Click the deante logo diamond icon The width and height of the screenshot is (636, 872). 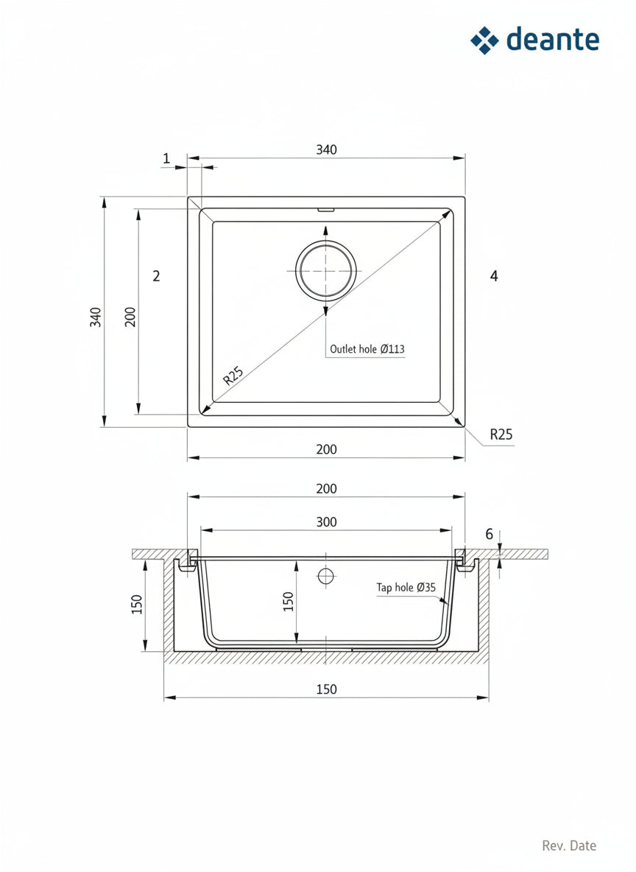coord(485,40)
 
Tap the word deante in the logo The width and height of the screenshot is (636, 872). coord(553,40)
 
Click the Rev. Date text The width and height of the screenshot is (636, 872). coord(569,846)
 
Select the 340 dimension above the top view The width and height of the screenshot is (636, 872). coord(326,150)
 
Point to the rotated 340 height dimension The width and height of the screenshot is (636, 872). coord(96,317)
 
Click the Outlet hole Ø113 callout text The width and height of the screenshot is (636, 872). coord(367,348)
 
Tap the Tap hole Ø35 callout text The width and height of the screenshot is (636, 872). coord(406,587)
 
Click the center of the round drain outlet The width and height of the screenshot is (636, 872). coord(325,270)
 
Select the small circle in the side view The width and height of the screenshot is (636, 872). coord(326,576)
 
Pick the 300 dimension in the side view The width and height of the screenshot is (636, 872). coord(326,522)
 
